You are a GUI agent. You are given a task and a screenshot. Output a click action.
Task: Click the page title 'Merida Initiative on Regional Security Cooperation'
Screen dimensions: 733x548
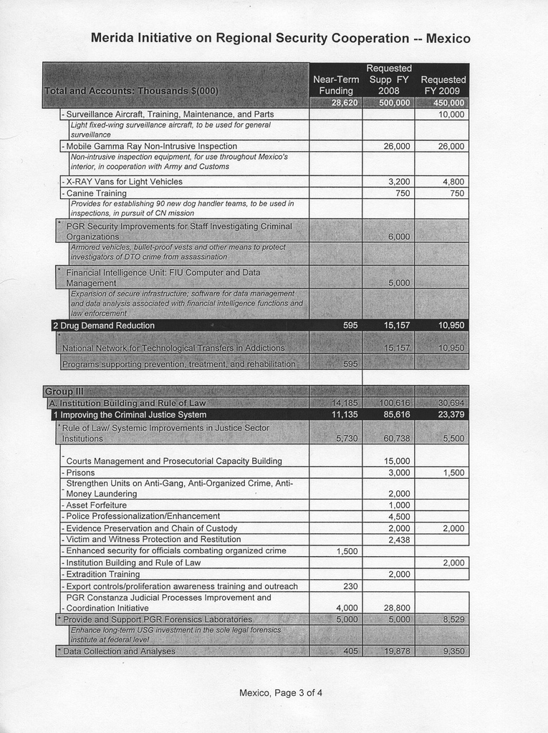tap(280, 38)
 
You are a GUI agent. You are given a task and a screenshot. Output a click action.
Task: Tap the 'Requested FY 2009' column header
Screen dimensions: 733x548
tap(443, 85)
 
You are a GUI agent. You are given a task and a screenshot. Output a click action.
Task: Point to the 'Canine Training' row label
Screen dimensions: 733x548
tap(96, 193)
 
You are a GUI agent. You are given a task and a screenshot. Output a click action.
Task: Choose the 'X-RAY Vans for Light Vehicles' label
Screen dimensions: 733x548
tap(124, 182)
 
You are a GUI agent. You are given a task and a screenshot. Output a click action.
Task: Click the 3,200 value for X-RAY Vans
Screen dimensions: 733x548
tap(398, 182)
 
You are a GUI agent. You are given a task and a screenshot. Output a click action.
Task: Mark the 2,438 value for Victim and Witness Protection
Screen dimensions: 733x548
tap(398, 539)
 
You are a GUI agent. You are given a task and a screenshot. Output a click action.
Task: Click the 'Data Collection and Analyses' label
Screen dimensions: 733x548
tap(119, 651)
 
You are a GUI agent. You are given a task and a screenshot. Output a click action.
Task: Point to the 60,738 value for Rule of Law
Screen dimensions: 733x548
tap(396, 438)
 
